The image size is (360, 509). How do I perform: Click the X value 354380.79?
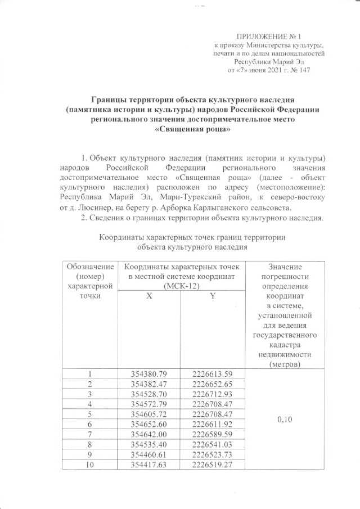click(149, 375)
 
